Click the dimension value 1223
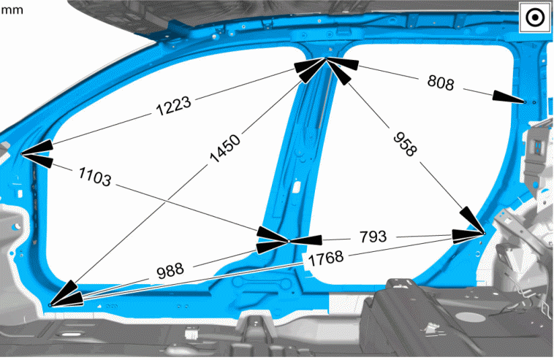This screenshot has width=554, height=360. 173,106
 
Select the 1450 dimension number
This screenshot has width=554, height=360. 225,148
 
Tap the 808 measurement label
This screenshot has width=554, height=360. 440,83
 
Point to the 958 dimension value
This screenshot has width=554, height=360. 405,144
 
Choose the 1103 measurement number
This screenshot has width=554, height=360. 95,177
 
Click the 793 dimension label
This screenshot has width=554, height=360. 373,237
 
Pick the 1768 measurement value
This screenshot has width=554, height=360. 326,258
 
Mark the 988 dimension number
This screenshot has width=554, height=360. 170,271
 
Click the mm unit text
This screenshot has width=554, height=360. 12,9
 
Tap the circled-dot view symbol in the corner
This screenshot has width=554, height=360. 535,18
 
